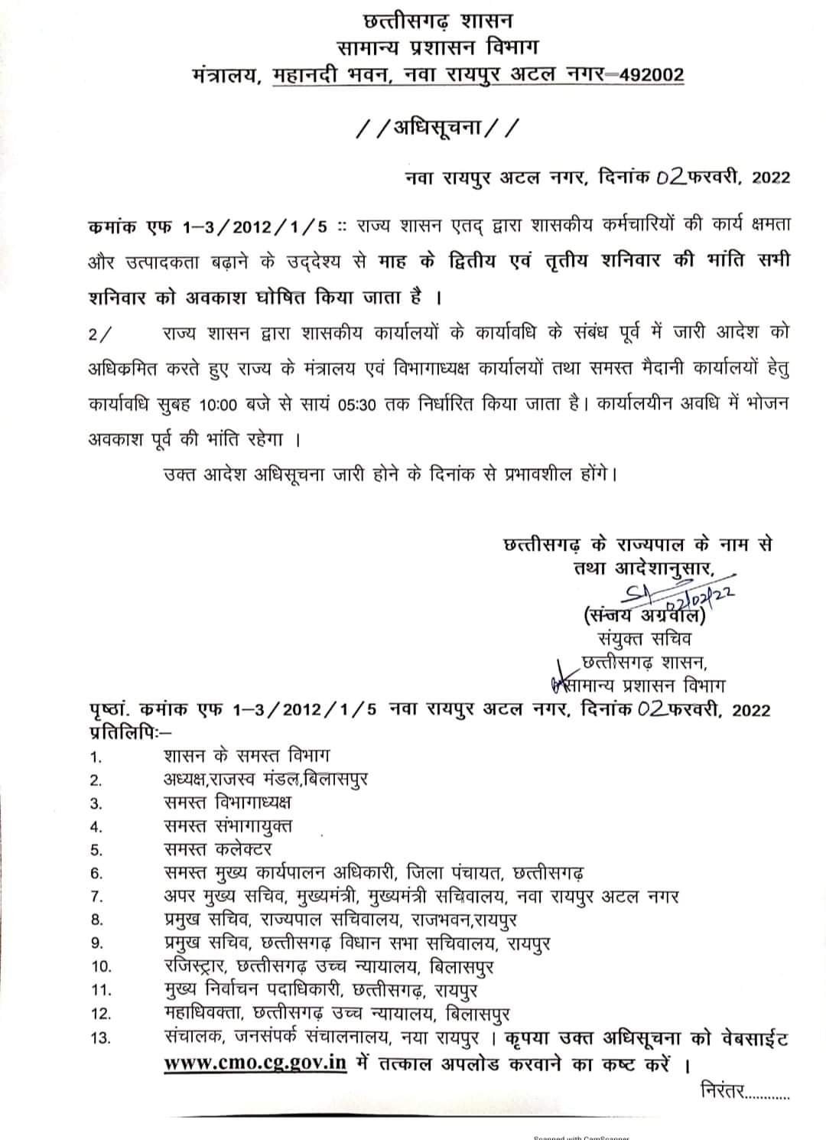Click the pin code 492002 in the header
pyautogui.click(x=649, y=75)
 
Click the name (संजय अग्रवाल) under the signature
pyautogui.click(x=642, y=615)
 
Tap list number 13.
pyautogui.click(x=101, y=1039)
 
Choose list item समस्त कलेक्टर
pyautogui.click(x=217, y=848)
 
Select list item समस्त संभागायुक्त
pyautogui.click(x=227, y=826)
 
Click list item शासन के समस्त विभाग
pyautogui.click(x=246, y=756)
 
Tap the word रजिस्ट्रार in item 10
pyautogui.click(x=196, y=966)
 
